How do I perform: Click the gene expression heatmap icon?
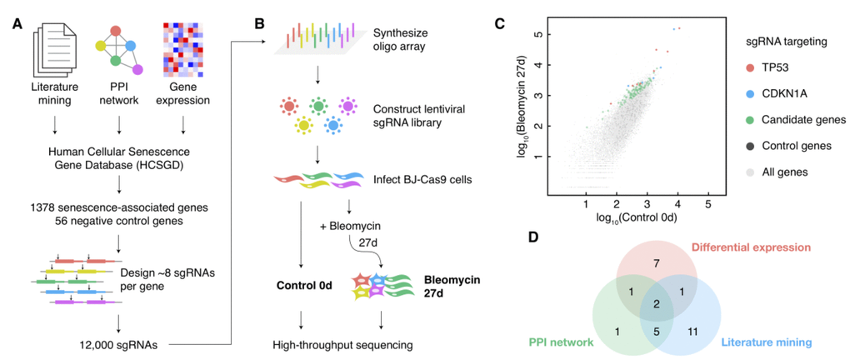click(x=183, y=50)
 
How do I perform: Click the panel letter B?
click(x=259, y=23)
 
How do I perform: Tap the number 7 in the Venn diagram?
click(x=657, y=262)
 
